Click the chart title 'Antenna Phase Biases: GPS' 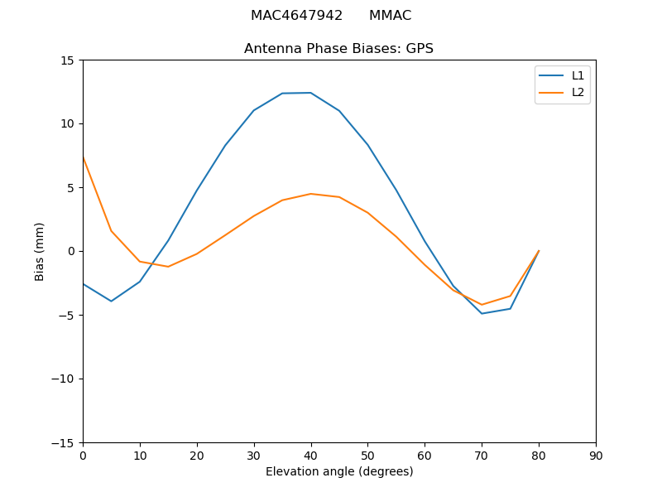338,49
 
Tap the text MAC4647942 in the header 296,16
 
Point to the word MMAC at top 390,16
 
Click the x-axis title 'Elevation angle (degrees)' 339,471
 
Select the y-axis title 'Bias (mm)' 40,251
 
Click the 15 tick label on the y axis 67,60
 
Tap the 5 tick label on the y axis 70,187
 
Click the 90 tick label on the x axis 596,456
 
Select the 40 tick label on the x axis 311,456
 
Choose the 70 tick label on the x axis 482,456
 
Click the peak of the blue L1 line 310,93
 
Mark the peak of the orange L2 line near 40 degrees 310,194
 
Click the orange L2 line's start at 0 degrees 84,157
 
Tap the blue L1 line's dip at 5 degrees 111,301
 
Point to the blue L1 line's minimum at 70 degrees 482,313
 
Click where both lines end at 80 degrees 539,251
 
